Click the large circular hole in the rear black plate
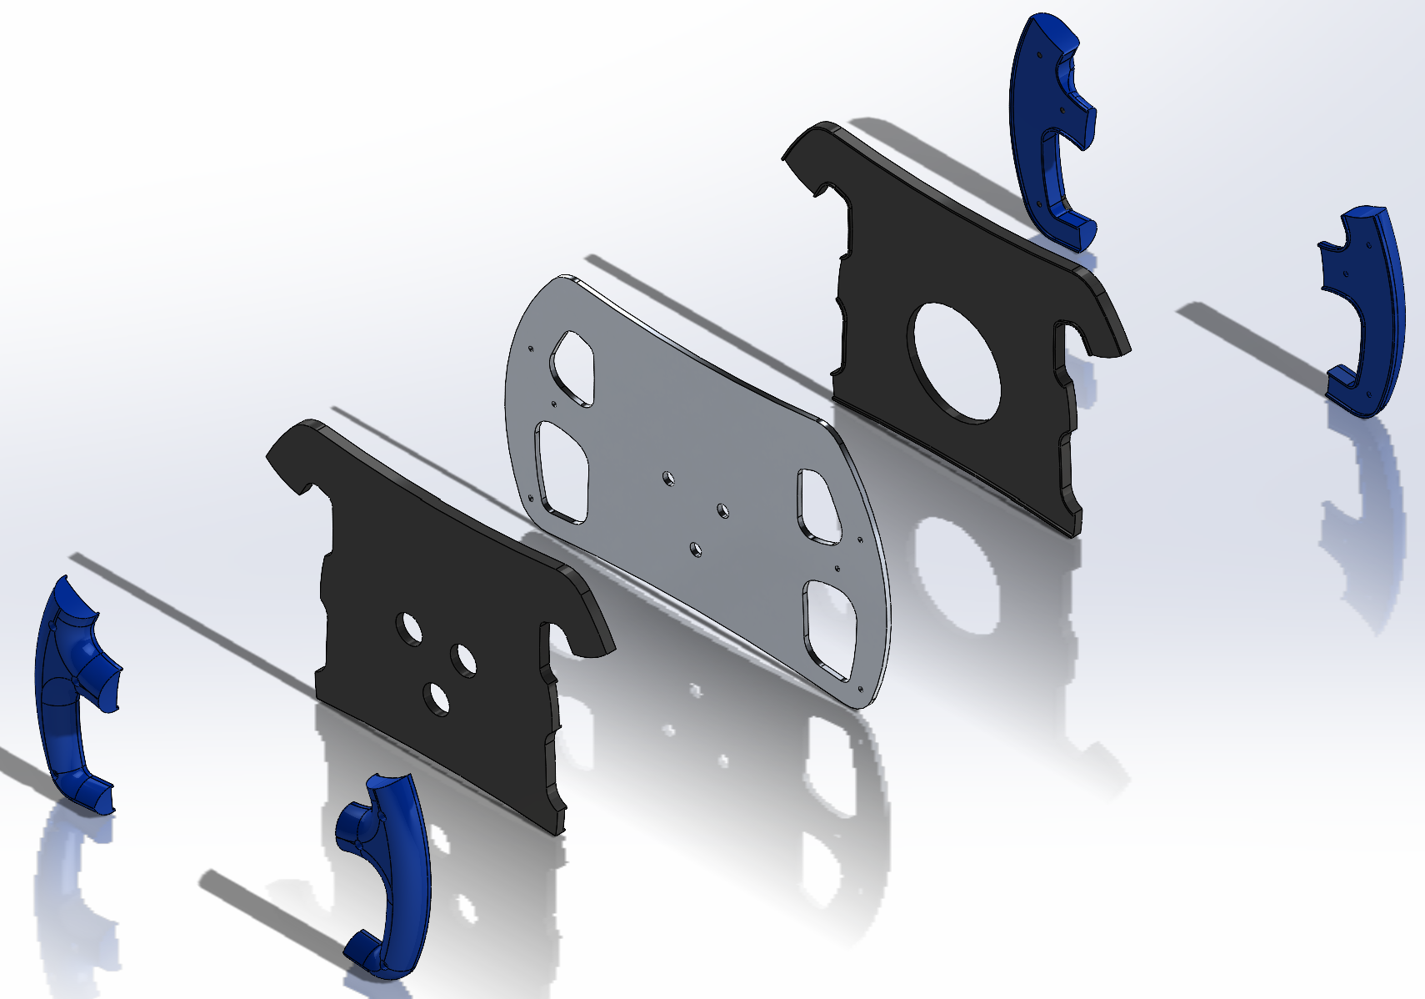pos(957,360)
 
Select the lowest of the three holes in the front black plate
pos(435,698)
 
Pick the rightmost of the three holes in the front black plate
pos(463,660)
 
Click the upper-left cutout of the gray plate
pos(572,368)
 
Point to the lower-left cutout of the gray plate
pos(563,471)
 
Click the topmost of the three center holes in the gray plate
pos(668,478)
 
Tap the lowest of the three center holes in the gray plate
pos(694,549)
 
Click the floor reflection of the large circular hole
pos(958,575)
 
